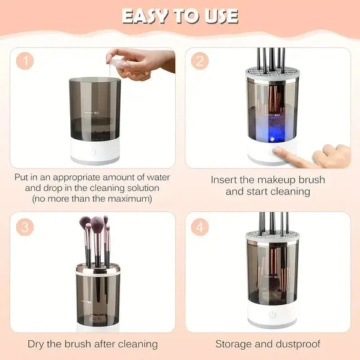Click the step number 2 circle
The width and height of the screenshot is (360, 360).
[x=201, y=61]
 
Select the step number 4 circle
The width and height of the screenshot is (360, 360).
[x=201, y=227]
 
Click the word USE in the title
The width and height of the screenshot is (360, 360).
[x=218, y=16]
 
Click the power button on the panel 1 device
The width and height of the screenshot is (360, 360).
[x=94, y=151]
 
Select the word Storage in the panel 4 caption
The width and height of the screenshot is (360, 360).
[x=236, y=344]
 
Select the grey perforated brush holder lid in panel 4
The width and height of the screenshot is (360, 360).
[x=272, y=230]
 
